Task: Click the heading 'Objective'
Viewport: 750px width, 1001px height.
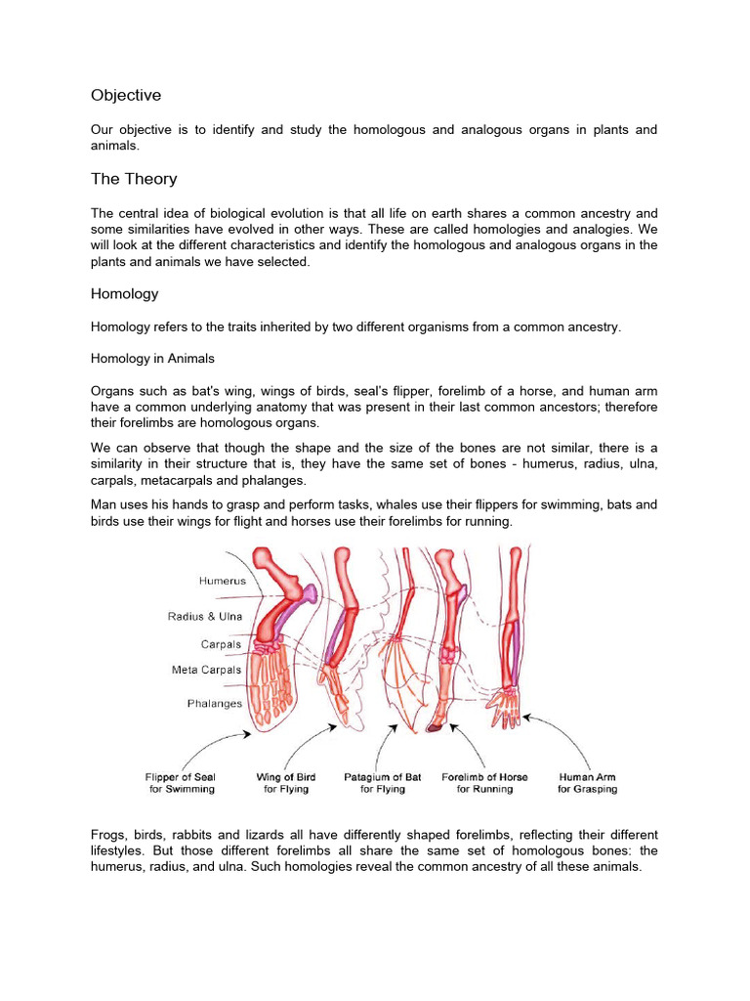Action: coord(126,95)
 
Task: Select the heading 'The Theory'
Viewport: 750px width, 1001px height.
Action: coord(133,179)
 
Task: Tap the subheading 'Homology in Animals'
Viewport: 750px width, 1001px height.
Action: coord(152,359)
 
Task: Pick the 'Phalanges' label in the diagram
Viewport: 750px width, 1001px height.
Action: coord(214,703)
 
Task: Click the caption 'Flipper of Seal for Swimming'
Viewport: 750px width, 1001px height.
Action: coord(181,783)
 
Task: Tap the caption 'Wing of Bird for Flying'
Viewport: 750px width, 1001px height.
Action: coord(282,783)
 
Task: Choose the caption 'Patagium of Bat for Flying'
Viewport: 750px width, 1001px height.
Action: coord(382,783)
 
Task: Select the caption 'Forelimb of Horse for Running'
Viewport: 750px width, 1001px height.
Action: coord(484,783)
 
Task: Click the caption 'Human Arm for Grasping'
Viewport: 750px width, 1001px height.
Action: coord(587,783)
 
